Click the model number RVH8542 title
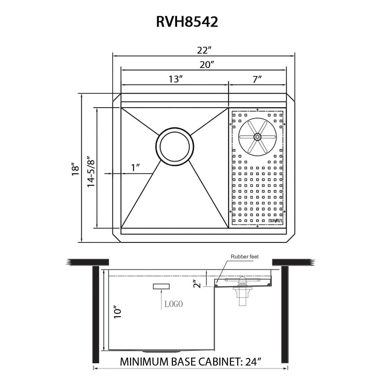point(187,22)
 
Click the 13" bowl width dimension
point(176,79)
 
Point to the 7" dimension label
point(258,79)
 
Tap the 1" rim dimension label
point(135,168)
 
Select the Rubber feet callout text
point(245,257)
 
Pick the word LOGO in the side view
point(174,304)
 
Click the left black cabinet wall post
point(96,315)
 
